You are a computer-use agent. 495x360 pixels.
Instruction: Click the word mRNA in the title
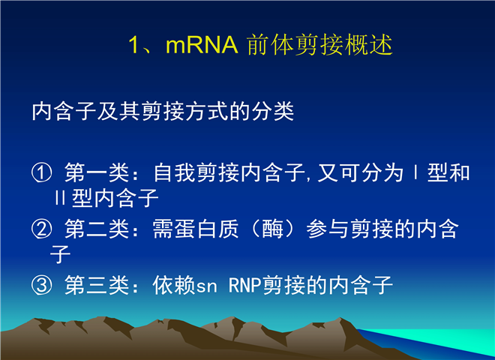click(x=202, y=45)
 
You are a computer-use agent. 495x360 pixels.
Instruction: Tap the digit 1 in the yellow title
click(x=133, y=45)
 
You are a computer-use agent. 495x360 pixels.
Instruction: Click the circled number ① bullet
click(x=41, y=173)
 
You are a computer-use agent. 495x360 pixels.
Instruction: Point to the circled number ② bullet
click(x=41, y=229)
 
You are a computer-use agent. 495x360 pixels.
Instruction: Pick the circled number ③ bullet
click(x=41, y=285)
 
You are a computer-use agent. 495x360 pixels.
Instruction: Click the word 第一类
click(x=97, y=173)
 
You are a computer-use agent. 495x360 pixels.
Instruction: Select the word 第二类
click(x=97, y=229)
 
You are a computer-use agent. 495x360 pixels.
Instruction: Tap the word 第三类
click(x=97, y=285)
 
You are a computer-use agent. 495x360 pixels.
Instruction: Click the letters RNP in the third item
click(x=244, y=285)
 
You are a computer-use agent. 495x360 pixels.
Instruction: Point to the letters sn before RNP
click(x=206, y=287)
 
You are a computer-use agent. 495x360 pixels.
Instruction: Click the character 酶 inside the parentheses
click(x=273, y=229)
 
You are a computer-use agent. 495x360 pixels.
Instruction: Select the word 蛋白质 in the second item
click(x=196, y=229)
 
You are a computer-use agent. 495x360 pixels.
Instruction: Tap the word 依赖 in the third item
click(x=174, y=285)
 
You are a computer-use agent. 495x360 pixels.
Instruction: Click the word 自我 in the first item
click(x=174, y=173)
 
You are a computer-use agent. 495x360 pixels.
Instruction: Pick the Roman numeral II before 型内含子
click(x=60, y=198)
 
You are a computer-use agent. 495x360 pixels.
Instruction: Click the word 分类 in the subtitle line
click(x=273, y=111)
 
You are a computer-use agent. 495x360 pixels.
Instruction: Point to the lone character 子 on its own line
click(x=60, y=254)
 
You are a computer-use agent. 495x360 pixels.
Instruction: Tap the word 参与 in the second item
click(x=328, y=229)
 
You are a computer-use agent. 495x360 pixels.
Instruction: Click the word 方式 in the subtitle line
click(x=206, y=111)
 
